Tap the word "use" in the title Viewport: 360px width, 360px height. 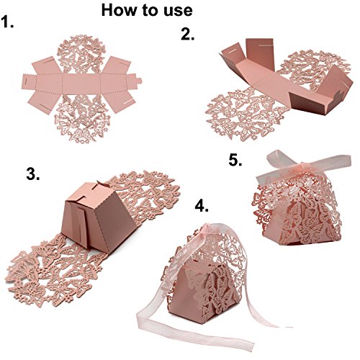179,12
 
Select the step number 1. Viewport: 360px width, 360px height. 7,22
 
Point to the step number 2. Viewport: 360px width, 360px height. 188,35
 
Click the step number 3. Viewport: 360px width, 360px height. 33,174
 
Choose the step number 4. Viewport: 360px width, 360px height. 202,206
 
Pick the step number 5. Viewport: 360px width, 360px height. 235,160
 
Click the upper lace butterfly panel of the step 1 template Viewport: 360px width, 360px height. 81,54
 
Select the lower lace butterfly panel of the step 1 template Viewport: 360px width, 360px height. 82,118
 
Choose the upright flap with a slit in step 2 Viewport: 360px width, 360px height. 260,54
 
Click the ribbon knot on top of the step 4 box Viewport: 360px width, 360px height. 207,228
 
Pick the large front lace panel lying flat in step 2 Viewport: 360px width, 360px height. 243,114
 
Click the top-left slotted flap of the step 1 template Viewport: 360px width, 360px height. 48,66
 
